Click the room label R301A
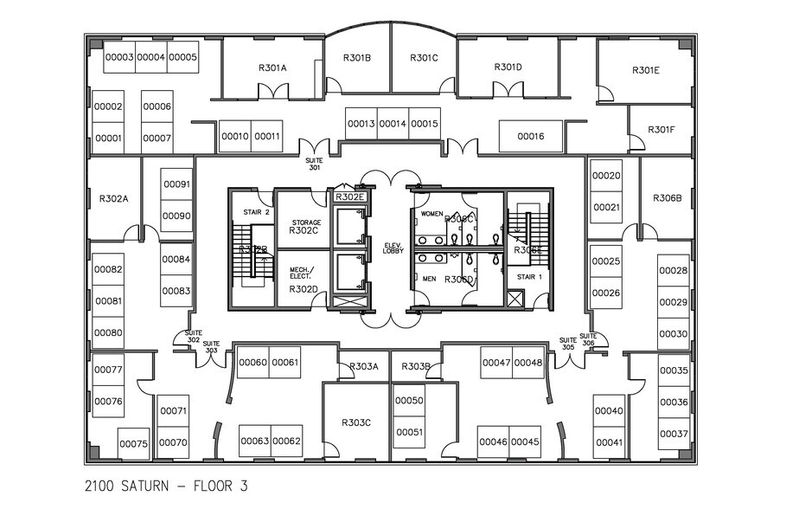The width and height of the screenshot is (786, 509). tap(272, 68)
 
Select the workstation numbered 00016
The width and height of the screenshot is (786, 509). tap(531, 136)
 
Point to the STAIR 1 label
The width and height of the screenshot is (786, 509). tap(528, 277)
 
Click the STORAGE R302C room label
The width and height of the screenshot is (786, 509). tap(304, 227)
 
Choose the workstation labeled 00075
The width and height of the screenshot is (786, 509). tap(134, 443)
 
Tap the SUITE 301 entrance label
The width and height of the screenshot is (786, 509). tap(314, 164)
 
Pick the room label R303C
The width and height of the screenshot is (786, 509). tap(355, 422)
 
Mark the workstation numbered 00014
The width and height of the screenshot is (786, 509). tap(393, 124)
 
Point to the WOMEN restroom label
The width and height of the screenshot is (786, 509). tap(431, 213)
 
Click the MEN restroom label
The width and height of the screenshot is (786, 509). tap(429, 279)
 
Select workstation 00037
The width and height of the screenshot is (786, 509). tap(674, 434)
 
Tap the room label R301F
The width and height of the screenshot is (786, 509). tap(661, 130)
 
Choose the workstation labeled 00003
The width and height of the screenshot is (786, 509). tap(119, 57)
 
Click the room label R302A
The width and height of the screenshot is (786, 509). tap(114, 198)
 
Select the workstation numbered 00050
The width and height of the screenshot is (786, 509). tap(409, 400)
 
